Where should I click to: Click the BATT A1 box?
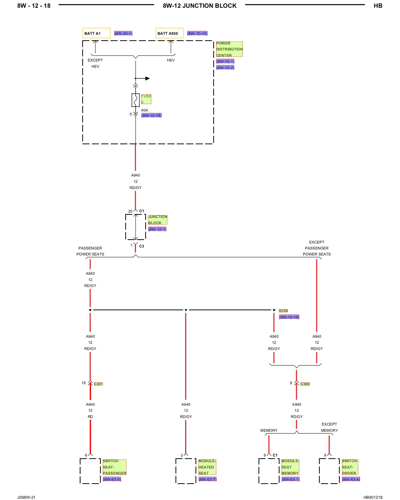(96, 33)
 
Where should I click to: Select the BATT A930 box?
(169, 33)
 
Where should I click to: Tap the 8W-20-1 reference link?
(123, 33)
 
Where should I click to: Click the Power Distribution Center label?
(229, 49)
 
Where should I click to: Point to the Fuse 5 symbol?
(135, 100)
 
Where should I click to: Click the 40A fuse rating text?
(144, 110)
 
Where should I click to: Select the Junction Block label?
(157, 220)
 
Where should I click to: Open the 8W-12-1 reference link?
(157, 229)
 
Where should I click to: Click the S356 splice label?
(283, 311)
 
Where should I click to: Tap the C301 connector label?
(98, 384)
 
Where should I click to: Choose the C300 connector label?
(305, 384)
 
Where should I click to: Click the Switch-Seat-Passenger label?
(114, 467)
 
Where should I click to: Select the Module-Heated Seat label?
(207, 467)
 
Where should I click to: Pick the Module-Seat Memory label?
(290, 467)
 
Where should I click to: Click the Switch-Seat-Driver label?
(350, 467)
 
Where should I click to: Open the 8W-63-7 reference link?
(207, 479)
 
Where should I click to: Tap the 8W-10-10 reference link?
(197, 33)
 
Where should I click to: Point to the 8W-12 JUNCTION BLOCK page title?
(200, 6)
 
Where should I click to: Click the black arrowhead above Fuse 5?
(147, 78)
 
